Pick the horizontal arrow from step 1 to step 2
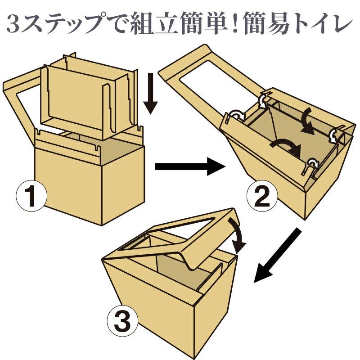pyautogui.click(x=189, y=167)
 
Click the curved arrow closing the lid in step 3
pyautogui.click(x=238, y=234)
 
